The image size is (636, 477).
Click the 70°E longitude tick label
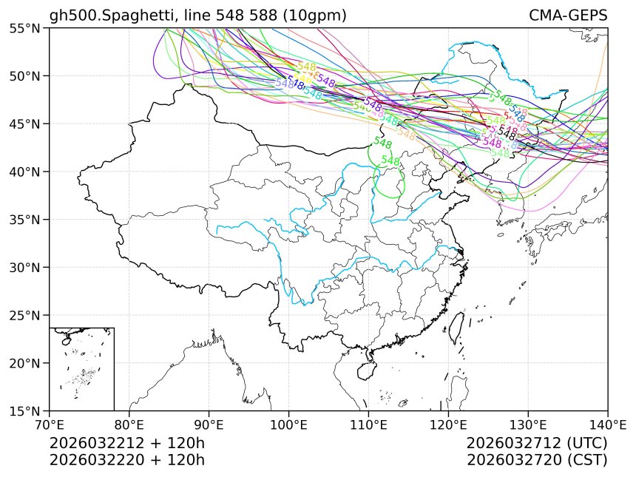50,424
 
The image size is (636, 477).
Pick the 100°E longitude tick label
288,424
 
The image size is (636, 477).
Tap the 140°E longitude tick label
607,424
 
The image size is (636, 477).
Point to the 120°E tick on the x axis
448,424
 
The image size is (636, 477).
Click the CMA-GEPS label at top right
568,16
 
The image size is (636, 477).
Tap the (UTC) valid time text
585,443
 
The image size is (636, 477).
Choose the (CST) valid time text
586,459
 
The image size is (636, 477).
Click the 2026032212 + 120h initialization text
126,443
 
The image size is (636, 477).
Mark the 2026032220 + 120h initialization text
126,459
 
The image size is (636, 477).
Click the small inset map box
81,368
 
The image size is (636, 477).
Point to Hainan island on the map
368,365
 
